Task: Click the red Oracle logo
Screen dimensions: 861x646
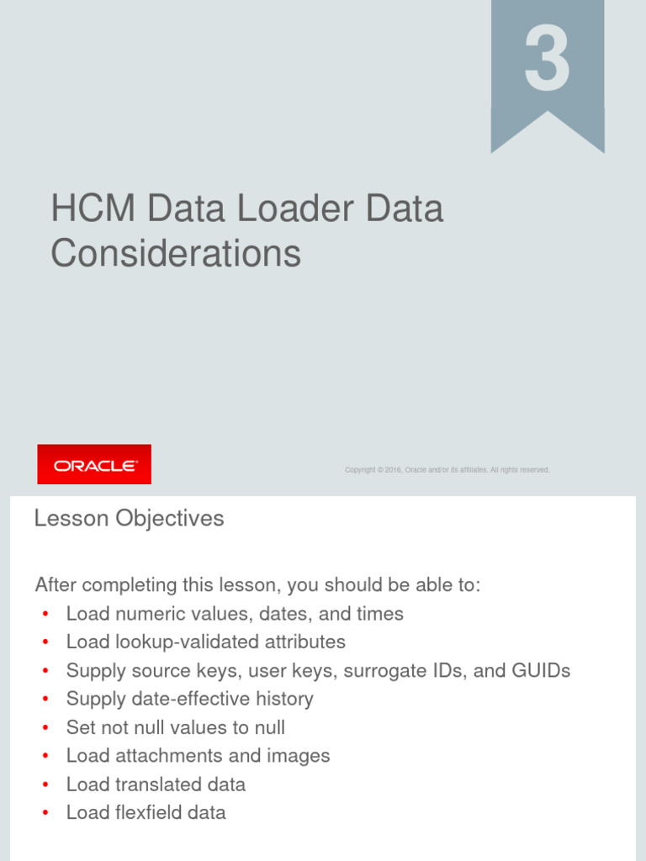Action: [x=94, y=464]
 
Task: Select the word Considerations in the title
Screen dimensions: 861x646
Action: [x=176, y=253]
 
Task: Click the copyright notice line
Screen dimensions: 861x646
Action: [x=447, y=470]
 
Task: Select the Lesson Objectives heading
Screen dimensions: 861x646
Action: [x=129, y=519]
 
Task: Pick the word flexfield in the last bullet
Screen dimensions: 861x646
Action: [x=149, y=812]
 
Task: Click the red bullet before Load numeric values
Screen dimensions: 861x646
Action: [x=45, y=615]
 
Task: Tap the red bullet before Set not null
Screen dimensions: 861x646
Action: [x=45, y=728]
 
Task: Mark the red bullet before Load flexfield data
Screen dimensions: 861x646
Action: [x=45, y=813]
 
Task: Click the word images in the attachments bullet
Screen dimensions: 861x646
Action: [x=299, y=756]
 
